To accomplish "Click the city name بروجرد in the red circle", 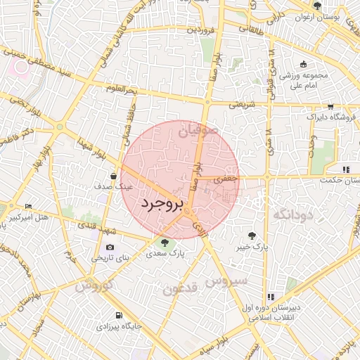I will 162,204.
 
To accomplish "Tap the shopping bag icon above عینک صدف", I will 113,176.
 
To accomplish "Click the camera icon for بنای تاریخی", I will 110,247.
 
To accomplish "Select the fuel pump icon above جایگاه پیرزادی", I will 117,316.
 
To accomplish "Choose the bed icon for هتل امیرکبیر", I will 28,206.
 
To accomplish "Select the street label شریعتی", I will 242,105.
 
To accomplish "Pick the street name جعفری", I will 226,180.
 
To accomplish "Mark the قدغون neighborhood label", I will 178,289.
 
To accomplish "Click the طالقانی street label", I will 252,29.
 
